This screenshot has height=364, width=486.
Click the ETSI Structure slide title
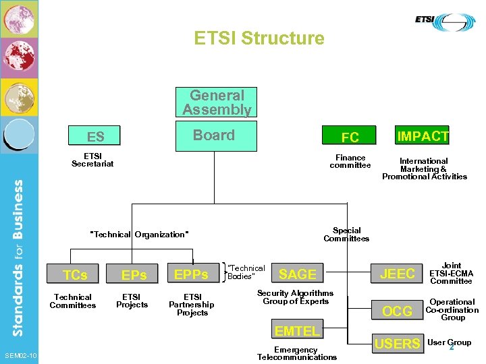tap(259, 38)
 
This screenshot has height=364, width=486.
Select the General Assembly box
tap(216, 102)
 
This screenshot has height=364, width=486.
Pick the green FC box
tap(350, 138)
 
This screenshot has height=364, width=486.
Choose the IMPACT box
tap(423, 136)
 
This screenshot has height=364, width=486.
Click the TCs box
tap(74, 274)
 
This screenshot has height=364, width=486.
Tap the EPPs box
tap(192, 274)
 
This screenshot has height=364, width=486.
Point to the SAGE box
tap(298, 274)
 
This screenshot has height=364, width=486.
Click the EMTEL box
tap(297, 330)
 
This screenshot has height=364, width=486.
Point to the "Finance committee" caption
tap(350, 161)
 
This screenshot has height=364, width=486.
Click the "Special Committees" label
tap(346, 234)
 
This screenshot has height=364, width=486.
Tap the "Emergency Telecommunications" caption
tap(296, 353)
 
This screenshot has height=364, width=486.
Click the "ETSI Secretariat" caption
tap(92, 160)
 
